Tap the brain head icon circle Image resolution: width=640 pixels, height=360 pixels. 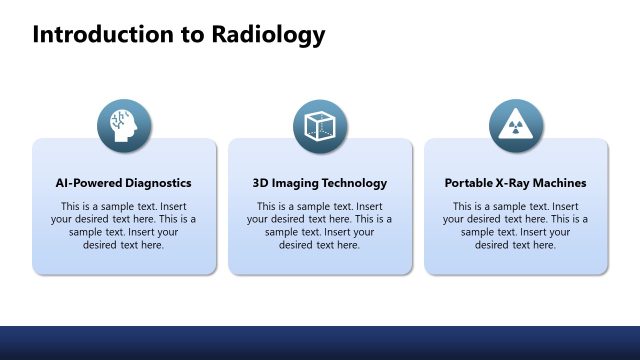click(124, 127)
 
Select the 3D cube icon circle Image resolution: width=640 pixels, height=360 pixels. click(320, 127)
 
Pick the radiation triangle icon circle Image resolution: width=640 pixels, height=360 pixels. click(516, 127)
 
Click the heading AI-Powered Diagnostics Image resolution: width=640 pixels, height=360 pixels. click(124, 184)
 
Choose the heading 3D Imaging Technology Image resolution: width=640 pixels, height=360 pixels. click(320, 184)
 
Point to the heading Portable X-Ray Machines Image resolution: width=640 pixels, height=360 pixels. click(516, 184)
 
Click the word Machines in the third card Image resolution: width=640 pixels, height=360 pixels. click(561, 184)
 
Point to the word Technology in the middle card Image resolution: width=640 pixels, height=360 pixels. click(353, 184)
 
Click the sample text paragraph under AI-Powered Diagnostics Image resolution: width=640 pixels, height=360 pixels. click(124, 225)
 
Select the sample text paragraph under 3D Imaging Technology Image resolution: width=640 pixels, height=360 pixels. click(320, 225)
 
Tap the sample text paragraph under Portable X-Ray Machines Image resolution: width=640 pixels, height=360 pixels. click(516, 225)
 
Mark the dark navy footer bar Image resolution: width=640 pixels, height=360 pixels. click(320, 342)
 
